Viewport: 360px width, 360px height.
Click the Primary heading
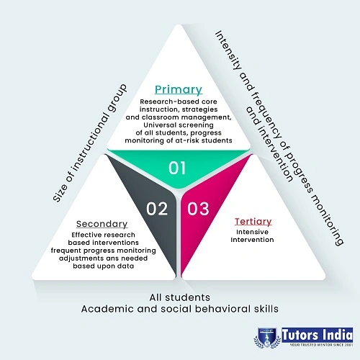[179, 90]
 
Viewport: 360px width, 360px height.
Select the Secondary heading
[102, 224]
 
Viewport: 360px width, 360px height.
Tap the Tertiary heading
[253, 222]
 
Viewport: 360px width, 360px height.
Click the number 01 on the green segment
[177, 168]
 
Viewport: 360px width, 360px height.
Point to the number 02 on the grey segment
[157, 209]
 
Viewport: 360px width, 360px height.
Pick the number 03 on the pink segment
[198, 209]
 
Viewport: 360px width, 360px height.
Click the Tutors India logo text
[318, 335]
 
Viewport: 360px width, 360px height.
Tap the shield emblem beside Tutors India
[267, 338]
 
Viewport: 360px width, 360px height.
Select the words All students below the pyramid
[180, 297]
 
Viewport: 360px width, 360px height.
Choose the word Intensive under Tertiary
[252, 232]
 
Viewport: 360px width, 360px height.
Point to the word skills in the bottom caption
[269, 309]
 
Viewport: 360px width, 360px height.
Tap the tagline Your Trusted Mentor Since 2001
[321, 345]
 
